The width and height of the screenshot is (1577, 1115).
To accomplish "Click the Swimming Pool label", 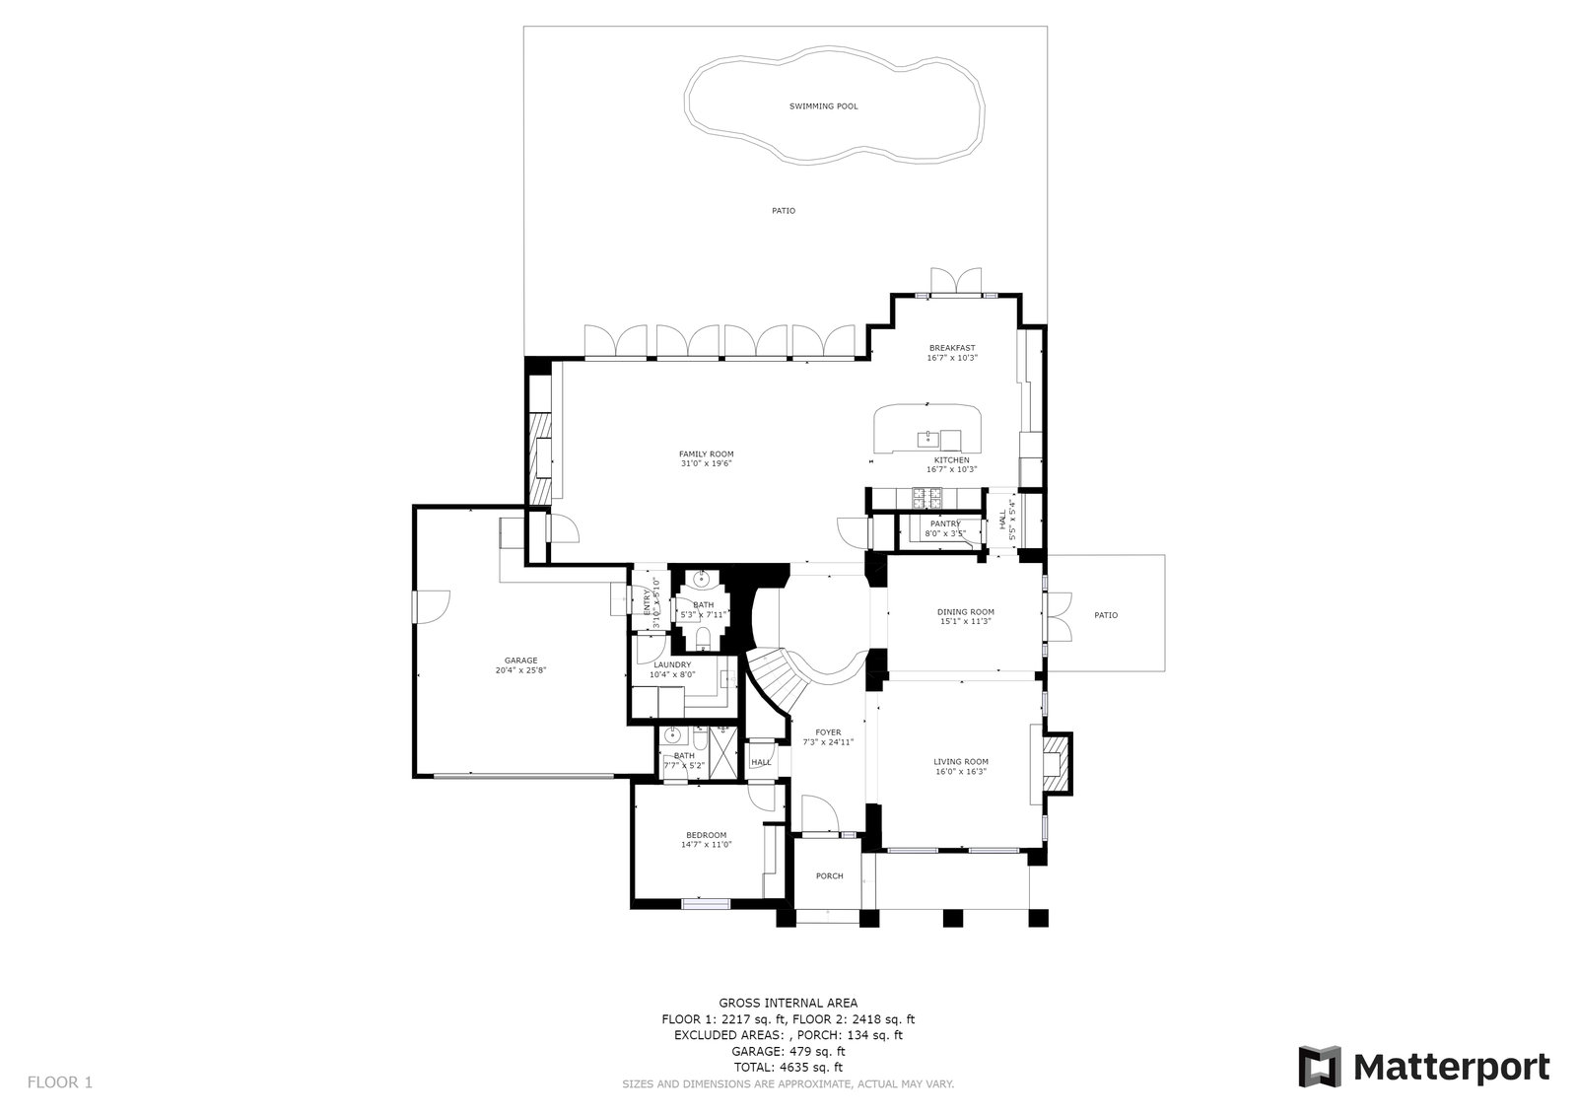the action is pyautogui.click(x=823, y=105).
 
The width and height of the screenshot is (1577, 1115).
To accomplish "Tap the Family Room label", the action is pyautogui.click(x=706, y=454).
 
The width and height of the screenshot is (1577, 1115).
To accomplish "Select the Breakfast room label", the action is pyautogui.click(x=951, y=348).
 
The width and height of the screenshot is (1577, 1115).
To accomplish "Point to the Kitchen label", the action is pyautogui.click(x=951, y=460).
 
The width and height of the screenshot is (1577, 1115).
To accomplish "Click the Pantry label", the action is pyautogui.click(x=944, y=523).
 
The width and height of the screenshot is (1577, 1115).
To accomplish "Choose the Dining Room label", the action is pyautogui.click(x=965, y=611).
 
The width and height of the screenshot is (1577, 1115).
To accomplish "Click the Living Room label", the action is pyautogui.click(x=961, y=761).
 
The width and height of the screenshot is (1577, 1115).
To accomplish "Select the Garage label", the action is pyautogui.click(x=520, y=661).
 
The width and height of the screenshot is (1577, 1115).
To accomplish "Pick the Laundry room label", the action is pyautogui.click(x=672, y=664).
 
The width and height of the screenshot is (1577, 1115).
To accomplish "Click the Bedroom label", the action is pyautogui.click(x=706, y=835).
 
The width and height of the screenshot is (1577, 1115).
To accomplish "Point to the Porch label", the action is pyautogui.click(x=829, y=875).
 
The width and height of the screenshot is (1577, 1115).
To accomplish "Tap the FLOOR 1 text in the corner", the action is pyautogui.click(x=59, y=1082).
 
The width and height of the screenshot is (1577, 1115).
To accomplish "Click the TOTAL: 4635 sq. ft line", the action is pyautogui.click(x=788, y=1067).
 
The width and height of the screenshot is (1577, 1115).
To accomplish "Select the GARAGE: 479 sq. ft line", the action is pyautogui.click(x=788, y=1051).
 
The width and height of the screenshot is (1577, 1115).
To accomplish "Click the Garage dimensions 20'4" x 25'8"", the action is pyautogui.click(x=520, y=670).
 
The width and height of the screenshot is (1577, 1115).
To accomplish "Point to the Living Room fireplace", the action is pyautogui.click(x=1057, y=762).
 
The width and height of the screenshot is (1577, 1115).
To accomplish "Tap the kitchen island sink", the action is pyautogui.click(x=927, y=437).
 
